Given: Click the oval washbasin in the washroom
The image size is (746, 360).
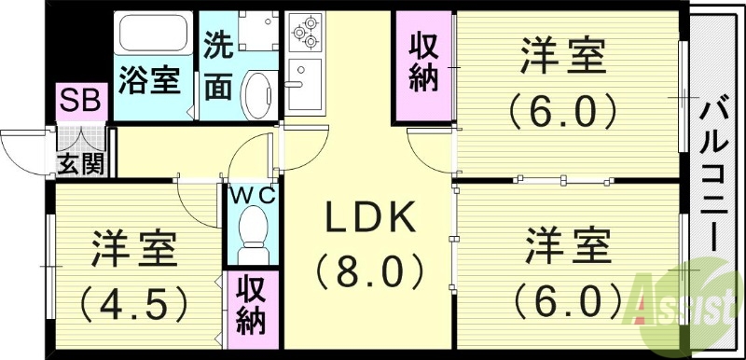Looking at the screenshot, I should tap(256, 93).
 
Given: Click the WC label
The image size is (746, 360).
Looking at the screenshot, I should tap(251, 195).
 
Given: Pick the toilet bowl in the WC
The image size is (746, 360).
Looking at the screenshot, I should tap(252, 238).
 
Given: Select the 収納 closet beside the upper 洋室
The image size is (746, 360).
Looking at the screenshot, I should tap(423, 62).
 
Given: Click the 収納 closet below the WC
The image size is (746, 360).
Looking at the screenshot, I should tap(251, 303).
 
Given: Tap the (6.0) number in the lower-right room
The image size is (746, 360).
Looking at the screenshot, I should tap(568, 299).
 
